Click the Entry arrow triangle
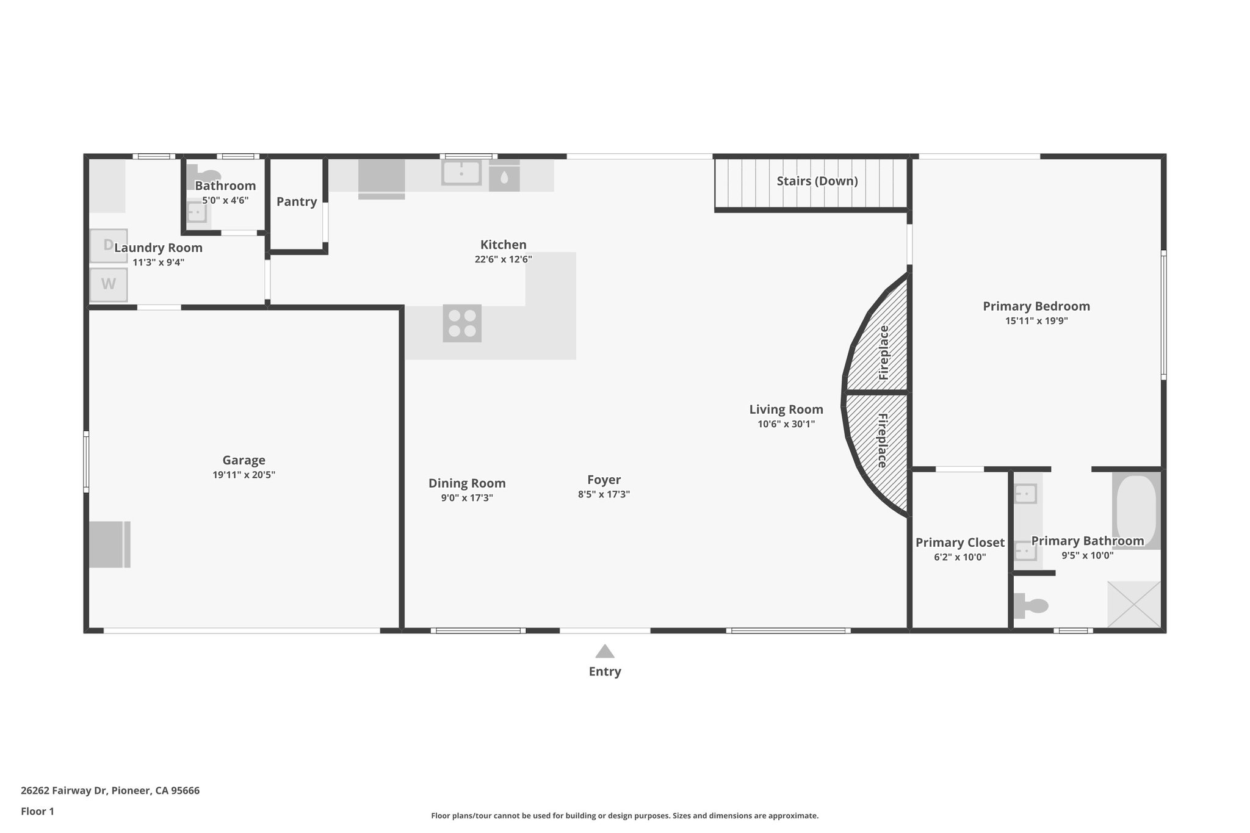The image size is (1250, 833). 604,651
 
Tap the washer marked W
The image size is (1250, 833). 109,284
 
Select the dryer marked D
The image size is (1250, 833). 109,245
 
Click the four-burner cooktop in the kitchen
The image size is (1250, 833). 462,323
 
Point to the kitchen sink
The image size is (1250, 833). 461,173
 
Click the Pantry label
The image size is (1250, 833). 297,202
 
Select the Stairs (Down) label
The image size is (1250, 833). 817,181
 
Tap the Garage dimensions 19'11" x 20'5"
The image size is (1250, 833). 244,475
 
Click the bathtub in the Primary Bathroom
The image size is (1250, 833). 1136,510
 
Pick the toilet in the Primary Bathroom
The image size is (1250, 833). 1031,606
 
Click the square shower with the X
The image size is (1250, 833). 1134,604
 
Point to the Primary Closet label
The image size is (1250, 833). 959,543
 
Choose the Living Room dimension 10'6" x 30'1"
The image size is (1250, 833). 786,424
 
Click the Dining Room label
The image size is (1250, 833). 467,483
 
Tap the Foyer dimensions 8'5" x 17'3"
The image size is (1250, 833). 604,494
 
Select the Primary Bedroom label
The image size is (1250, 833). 1036,306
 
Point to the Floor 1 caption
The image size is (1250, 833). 37,811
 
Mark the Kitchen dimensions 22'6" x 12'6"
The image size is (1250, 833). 503,259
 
